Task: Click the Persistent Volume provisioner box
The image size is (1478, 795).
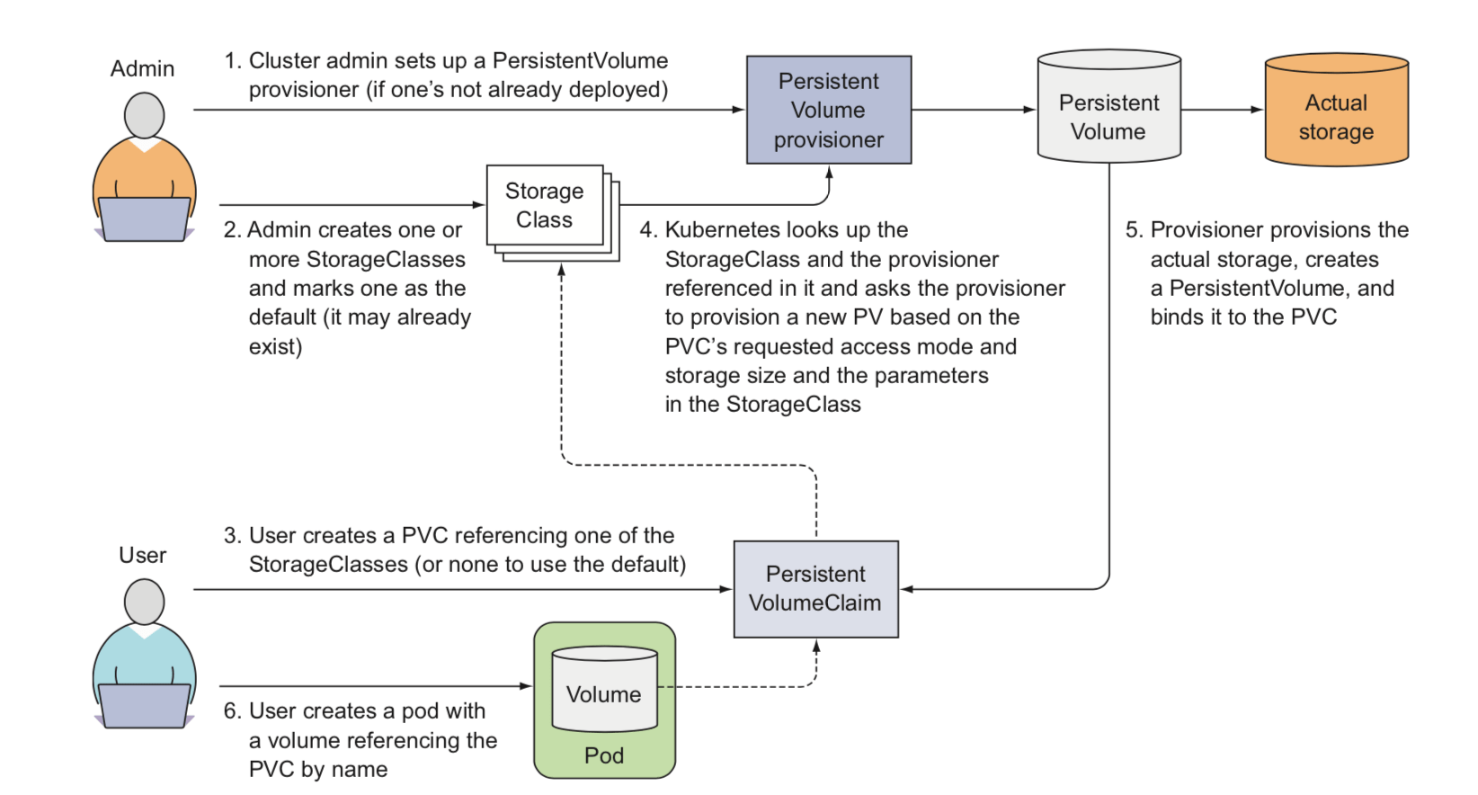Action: (x=828, y=110)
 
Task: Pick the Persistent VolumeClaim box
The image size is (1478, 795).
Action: (x=815, y=589)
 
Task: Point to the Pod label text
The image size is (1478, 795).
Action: (x=604, y=755)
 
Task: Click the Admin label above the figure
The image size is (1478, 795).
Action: (x=142, y=69)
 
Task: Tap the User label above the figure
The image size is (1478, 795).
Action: (x=143, y=556)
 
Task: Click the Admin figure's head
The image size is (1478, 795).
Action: (x=144, y=115)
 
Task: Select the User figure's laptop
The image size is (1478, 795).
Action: (x=144, y=705)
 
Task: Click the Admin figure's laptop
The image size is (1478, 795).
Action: (x=144, y=219)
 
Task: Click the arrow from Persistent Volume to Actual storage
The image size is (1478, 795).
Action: (x=1222, y=110)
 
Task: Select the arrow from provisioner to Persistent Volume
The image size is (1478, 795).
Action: (x=974, y=110)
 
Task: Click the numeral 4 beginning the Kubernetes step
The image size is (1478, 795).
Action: (x=646, y=230)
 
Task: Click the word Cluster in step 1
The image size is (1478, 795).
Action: (x=284, y=61)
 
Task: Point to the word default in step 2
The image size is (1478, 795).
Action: (x=282, y=317)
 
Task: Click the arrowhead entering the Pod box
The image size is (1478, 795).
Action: (x=527, y=686)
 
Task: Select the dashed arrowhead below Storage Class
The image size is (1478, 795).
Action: (x=561, y=270)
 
